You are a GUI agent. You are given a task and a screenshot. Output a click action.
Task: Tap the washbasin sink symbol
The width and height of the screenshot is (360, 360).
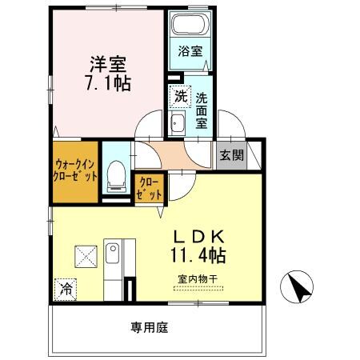(x=178, y=123)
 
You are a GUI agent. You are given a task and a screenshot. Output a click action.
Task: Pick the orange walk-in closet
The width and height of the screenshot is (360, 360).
(x=76, y=170)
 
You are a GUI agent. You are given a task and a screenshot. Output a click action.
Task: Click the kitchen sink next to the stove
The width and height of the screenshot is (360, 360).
(x=115, y=258)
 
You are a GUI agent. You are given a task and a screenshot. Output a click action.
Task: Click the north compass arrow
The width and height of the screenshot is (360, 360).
(x=298, y=287)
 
